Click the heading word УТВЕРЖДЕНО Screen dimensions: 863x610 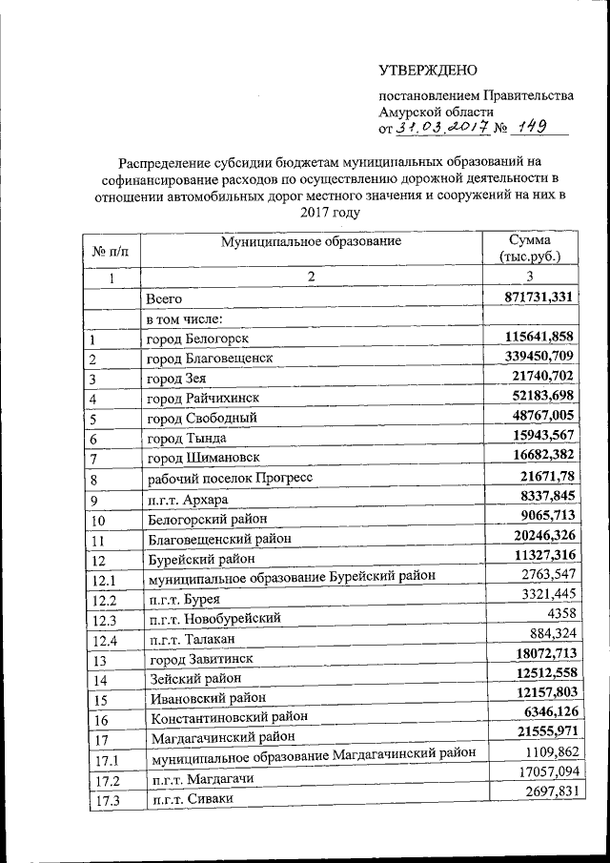(428, 71)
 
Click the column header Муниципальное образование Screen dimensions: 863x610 (311, 241)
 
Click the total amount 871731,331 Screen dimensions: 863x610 (539, 298)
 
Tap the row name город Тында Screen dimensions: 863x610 (186, 439)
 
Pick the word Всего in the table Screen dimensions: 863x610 (164, 299)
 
